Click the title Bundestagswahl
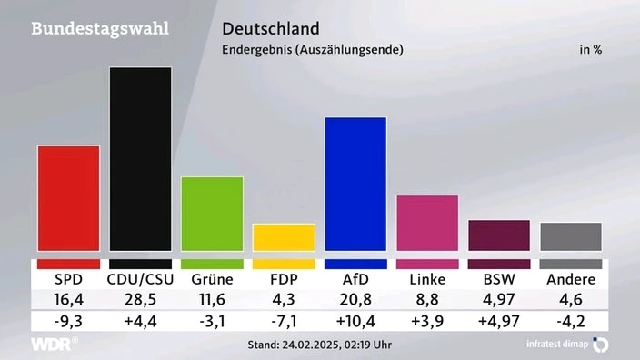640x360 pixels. pos(100,27)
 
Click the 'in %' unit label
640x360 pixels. pos(591,50)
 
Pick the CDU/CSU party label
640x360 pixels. pos(140,279)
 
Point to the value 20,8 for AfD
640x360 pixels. pos(355,300)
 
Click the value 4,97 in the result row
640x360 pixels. pos(499,300)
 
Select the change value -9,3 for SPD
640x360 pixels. pos(68,321)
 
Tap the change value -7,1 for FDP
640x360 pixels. pos(284,321)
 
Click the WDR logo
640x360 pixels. pos(53,345)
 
